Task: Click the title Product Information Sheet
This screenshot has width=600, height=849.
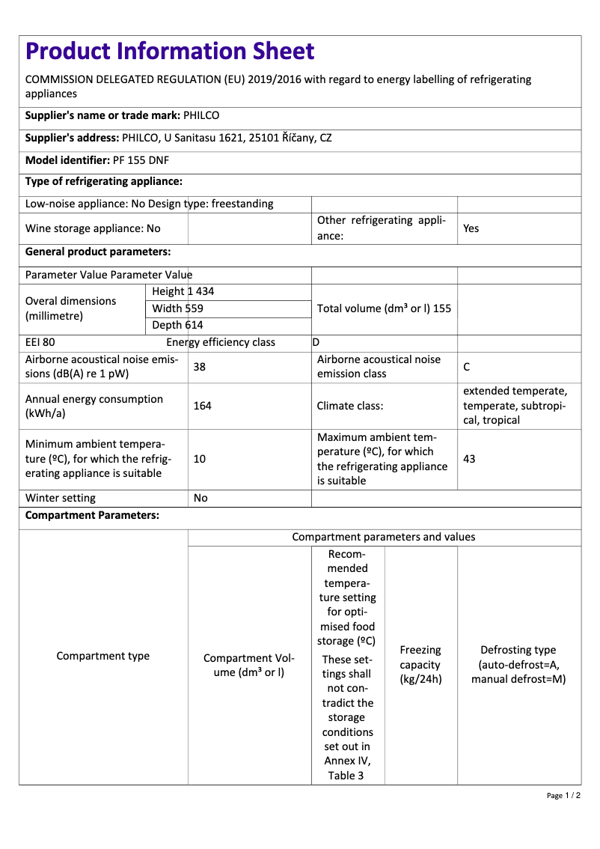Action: (170, 52)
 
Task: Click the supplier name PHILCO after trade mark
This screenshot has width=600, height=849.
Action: (201, 116)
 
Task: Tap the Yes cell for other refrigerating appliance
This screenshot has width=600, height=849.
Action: (471, 228)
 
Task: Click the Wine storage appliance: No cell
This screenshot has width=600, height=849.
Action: (93, 228)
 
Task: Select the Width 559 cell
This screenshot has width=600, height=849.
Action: (177, 308)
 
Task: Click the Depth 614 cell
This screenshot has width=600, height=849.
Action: (177, 325)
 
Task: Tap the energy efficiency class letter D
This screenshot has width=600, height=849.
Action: (316, 343)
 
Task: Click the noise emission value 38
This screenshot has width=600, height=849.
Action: (200, 367)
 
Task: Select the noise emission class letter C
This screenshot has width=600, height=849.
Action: (467, 367)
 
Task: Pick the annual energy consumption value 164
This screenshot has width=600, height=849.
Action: (202, 406)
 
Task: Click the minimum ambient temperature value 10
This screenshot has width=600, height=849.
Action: (200, 459)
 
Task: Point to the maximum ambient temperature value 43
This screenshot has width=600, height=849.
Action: (469, 459)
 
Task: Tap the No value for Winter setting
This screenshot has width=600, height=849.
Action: (200, 498)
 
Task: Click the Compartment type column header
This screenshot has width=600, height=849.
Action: (103, 656)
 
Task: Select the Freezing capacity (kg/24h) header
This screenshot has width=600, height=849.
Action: (420, 665)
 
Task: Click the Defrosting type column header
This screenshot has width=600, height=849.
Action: (518, 665)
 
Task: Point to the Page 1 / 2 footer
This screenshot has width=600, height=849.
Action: (563, 795)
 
